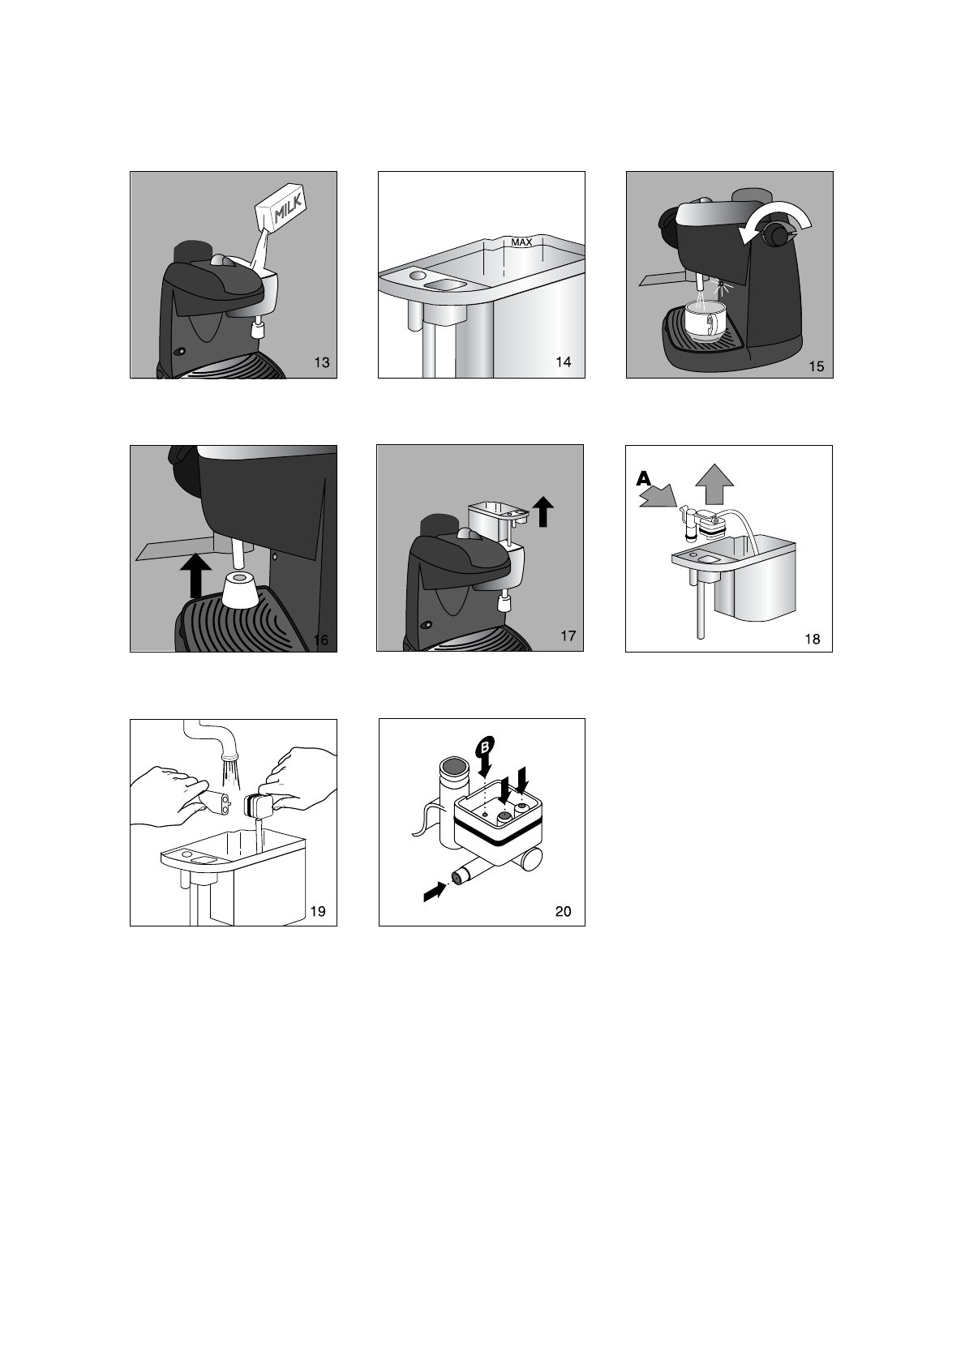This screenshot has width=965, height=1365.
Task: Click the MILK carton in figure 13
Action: coord(281,208)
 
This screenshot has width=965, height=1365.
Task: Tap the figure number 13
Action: coord(321,362)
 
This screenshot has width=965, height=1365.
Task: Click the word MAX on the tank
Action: coord(521,242)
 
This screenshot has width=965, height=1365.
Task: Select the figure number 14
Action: coord(564,362)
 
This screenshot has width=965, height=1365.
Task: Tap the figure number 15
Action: coord(817,366)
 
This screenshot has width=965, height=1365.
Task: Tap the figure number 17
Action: coord(568,636)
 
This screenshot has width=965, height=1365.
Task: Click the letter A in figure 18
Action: coord(644,479)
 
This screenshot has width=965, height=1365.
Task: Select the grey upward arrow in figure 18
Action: coord(714,485)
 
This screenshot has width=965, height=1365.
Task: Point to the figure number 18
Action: coord(812,640)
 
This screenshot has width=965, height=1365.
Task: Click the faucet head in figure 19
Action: coord(229,755)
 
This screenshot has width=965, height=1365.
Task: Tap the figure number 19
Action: coord(318,912)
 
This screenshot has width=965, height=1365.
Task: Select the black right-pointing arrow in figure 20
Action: coord(434,894)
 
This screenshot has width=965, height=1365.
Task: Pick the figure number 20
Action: coord(564,912)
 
